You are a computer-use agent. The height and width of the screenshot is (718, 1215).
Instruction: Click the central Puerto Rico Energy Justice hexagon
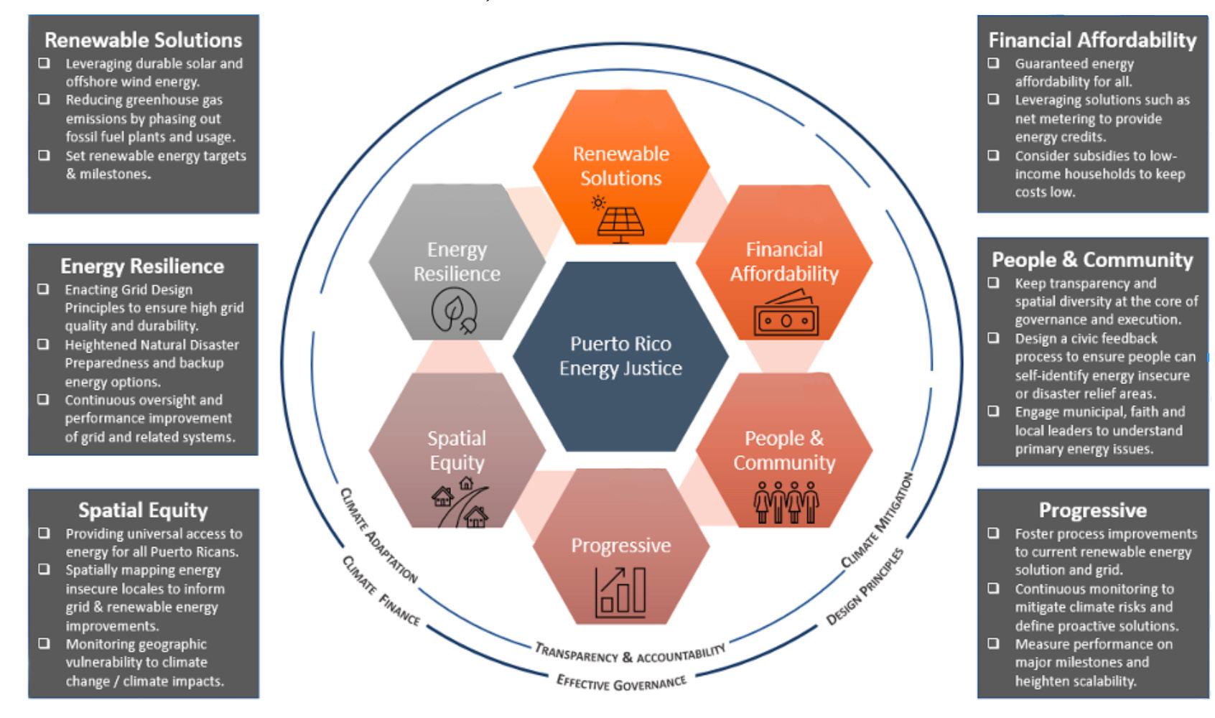(620, 356)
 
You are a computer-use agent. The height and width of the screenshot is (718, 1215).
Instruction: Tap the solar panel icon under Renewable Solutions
(620, 218)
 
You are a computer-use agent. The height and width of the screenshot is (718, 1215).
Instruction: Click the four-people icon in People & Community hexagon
(786, 502)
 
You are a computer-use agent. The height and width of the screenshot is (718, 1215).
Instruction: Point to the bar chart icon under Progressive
(620, 592)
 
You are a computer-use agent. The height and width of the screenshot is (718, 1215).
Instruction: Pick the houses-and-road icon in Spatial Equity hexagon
(460, 503)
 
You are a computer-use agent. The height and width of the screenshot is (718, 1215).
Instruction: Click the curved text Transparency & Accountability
(630, 653)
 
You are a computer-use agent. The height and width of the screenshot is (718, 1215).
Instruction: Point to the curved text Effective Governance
(621, 681)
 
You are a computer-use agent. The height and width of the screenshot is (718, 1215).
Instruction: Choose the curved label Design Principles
(865, 586)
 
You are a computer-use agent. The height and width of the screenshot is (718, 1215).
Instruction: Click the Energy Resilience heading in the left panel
(142, 266)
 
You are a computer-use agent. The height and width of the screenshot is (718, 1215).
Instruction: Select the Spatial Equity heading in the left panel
(143, 510)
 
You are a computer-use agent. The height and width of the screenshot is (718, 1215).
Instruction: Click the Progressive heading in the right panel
(1092, 510)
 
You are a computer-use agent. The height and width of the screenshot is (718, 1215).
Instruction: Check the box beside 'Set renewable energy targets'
(45, 155)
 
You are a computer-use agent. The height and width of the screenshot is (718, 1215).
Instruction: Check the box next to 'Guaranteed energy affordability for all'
(993, 63)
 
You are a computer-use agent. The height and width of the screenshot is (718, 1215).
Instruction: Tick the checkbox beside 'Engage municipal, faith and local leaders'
(993, 411)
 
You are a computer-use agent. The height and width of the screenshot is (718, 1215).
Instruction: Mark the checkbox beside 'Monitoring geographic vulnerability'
(45, 644)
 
